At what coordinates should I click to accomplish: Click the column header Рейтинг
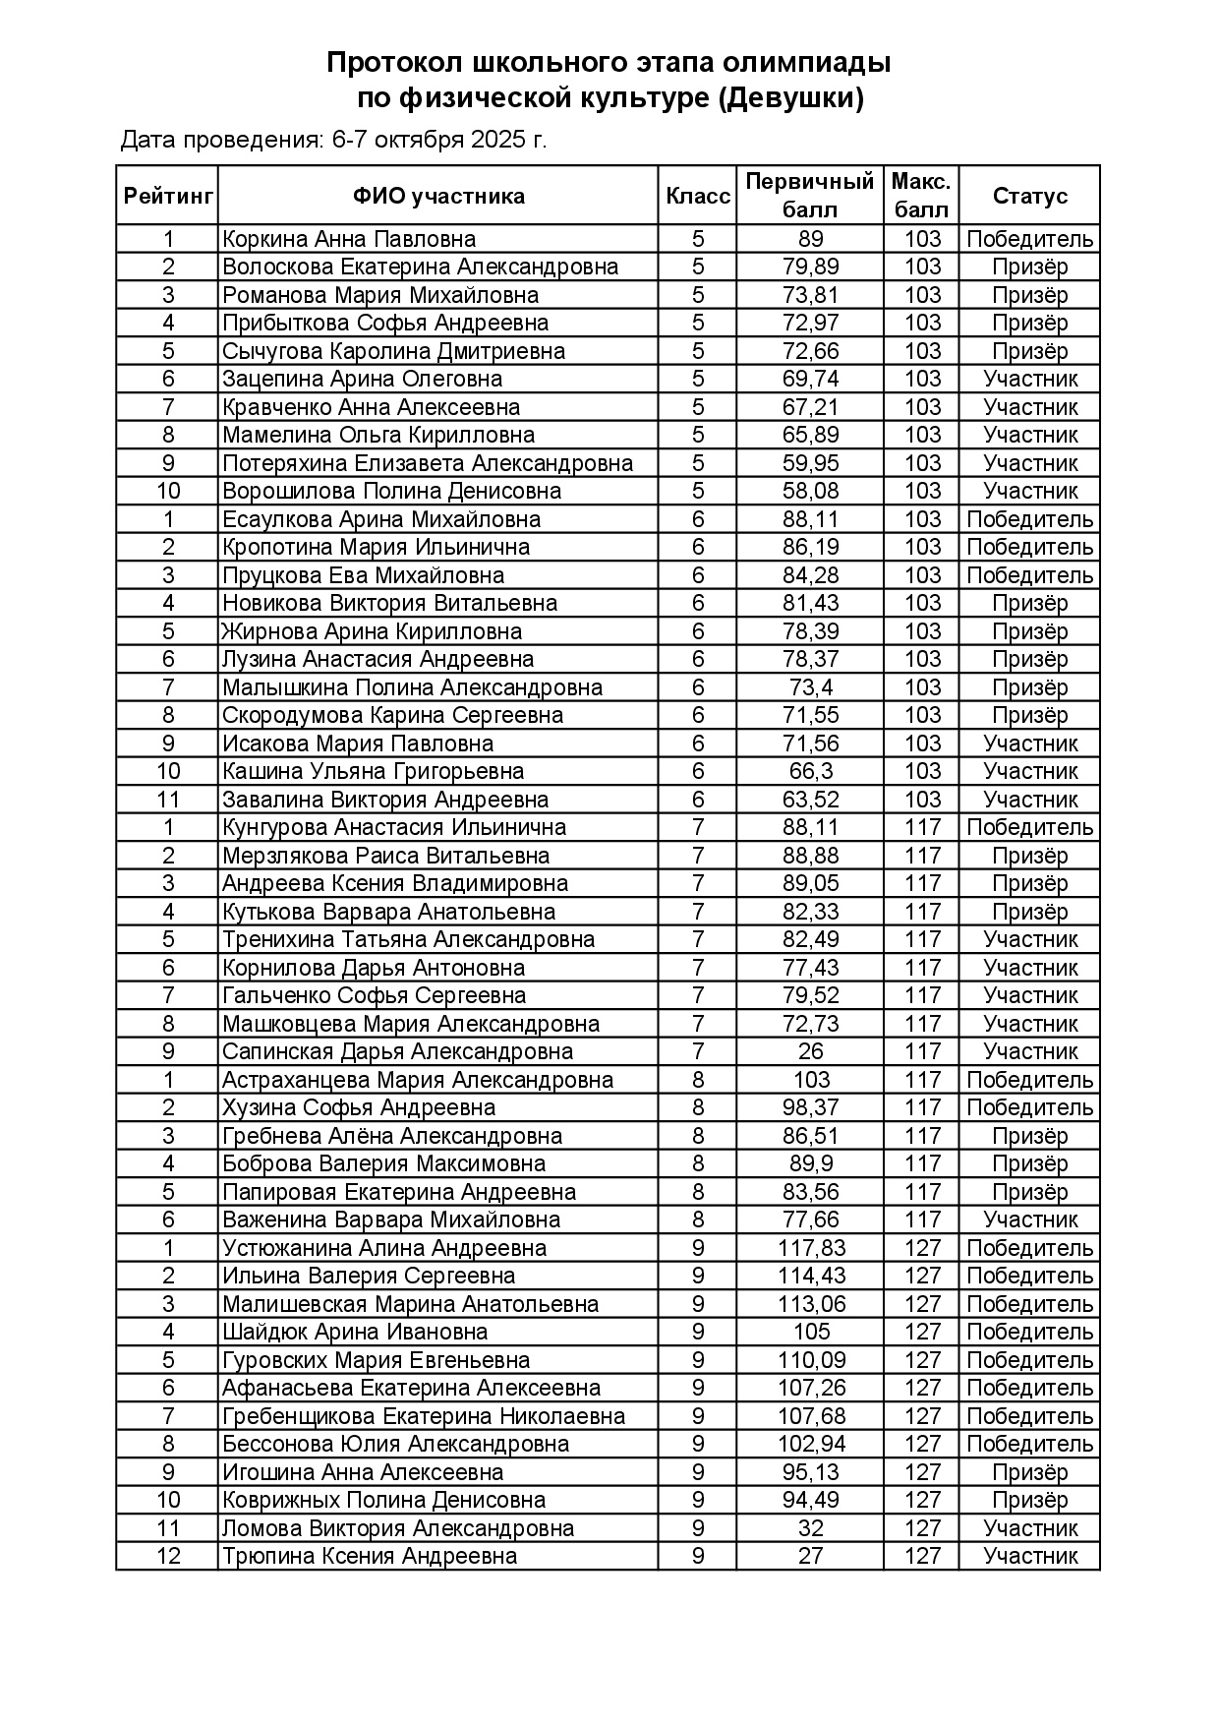pos(168,196)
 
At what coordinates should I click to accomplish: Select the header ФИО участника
pos(438,196)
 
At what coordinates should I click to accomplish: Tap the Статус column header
pos(1029,196)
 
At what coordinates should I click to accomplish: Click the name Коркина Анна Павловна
pos(349,239)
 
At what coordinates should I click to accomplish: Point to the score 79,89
pos(810,267)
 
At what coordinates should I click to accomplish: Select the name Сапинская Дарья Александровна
pos(397,1051)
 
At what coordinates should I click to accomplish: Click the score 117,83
pos(810,1248)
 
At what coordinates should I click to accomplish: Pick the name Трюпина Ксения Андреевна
pos(370,1556)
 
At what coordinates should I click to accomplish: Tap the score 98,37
pos(810,1107)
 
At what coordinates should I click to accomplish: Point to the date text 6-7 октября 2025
pos(439,140)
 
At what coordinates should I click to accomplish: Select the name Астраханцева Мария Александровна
pos(418,1080)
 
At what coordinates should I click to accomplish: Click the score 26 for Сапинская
pos(810,1051)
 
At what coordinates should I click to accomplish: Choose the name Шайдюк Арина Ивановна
pos(355,1332)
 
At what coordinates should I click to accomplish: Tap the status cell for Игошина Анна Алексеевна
pos(1029,1472)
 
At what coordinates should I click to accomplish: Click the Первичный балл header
pos(810,196)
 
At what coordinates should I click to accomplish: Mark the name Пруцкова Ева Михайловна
pos(363,575)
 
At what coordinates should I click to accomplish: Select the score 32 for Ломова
pos(810,1528)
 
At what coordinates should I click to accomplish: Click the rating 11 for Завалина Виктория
pos(168,800)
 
